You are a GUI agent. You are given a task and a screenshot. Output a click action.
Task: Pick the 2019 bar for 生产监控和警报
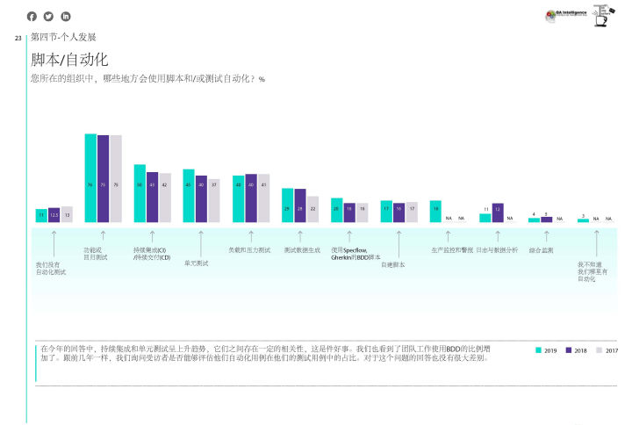click(435, 211)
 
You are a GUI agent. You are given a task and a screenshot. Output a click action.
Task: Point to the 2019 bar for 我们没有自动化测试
click(41, 215)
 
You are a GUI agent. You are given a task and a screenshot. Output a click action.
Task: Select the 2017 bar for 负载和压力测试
click(263, 198)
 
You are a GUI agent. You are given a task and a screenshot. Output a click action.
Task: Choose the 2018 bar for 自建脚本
click(399, 212)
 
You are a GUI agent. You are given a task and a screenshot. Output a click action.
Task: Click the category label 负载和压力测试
click(249, 250)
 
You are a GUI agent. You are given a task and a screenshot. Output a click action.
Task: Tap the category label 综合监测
click(541, 250)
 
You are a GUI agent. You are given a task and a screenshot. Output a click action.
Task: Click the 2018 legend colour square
click(569, 350)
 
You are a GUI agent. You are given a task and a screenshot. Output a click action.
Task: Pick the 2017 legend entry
click(606, 350)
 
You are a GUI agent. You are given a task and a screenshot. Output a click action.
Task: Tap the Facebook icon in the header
click(32, 16)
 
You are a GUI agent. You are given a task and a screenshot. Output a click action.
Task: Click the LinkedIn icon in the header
click(65, 16)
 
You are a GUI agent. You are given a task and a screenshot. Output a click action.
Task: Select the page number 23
click(18, 38)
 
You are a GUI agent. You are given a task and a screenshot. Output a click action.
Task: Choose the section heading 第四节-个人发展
click(62, 38)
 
